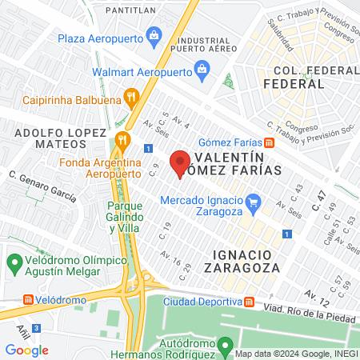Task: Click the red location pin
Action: tap(180, 160)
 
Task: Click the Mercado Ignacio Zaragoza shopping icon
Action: tap(254, 201)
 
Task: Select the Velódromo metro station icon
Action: tap(30, 300)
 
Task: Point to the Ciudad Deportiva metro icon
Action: tap(249, 302)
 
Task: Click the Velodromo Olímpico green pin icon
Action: tap(14, 262)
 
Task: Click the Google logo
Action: tap(26, 350)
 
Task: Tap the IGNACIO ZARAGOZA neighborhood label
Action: tap(248, 261)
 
